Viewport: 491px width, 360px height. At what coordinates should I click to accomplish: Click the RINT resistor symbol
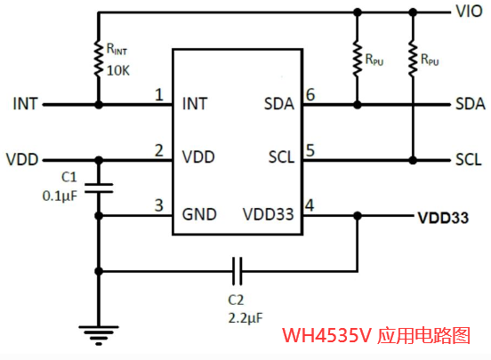(x=99, y=58)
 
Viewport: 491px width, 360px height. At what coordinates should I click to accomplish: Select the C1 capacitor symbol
(x=99, y=188)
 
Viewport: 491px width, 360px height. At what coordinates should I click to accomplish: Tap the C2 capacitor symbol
(x=237, y=271)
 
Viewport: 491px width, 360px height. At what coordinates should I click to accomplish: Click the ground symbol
(x=99, y=335)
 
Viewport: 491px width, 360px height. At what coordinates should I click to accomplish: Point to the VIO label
(x=469, y=12)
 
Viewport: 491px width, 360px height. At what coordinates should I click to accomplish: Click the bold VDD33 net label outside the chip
(x=443, y=218)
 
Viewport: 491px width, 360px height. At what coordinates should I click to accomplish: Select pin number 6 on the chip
(x=310, y=94)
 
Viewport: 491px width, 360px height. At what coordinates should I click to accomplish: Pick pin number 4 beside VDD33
(x=310, y=205)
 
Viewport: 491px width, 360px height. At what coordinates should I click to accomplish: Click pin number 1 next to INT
(x=159, y=94)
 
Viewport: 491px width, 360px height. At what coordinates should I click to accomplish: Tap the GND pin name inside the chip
(x=199, y=214)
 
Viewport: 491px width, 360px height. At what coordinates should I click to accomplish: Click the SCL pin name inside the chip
(x=281, y=157)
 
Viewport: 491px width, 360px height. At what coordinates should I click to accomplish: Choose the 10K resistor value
(x=118, y=71)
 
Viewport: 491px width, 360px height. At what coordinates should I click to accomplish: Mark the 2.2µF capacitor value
(x=245, y=318)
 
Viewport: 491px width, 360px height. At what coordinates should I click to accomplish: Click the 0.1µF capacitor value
(x=60, y=196)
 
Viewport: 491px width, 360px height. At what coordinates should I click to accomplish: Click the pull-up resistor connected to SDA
(x=358, y=58)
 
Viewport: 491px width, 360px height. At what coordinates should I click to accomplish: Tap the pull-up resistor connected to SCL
(x=413, y=58)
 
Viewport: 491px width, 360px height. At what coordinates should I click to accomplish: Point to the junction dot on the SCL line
(x=413, y=160)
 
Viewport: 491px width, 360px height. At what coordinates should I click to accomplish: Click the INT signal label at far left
(x=26, y=104)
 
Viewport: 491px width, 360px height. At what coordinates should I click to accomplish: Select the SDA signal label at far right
(x=471, y=104)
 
